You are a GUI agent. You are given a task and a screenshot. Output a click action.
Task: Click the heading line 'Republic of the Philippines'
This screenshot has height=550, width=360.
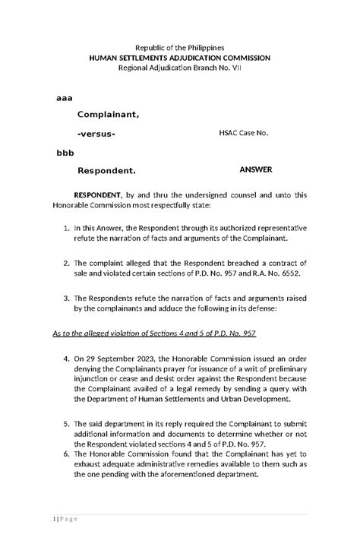point(179,47)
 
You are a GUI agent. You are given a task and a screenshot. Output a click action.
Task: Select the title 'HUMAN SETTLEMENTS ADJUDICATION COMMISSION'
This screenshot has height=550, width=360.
point(179,58)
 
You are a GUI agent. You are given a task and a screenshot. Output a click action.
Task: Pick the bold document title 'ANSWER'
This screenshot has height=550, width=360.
point(256,169)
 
